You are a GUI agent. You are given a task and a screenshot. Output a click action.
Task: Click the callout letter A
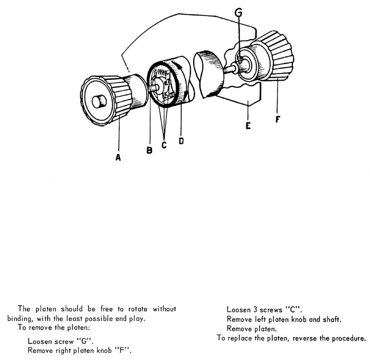[x=118, y=157]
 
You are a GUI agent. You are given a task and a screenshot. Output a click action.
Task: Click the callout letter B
[x=149, y=151]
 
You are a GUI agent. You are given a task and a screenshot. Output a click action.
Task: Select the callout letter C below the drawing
[x=164, y=145]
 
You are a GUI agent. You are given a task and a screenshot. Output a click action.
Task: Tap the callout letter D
[x=181, y=141]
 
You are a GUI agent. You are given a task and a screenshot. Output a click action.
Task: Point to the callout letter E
[x=248, y=126]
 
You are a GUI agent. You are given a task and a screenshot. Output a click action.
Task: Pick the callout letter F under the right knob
[x=278, y=120]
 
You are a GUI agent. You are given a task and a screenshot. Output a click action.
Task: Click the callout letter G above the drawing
[x=239, y=13]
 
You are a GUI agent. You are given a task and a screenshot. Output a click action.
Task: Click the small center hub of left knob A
[x=99, y=101]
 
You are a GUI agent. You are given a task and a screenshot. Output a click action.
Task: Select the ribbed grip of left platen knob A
[x=120, y=98]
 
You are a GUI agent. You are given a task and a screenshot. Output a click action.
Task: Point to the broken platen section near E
[x=209, y=74]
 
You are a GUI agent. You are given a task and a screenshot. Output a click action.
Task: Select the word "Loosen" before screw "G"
[x=40, y=342]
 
